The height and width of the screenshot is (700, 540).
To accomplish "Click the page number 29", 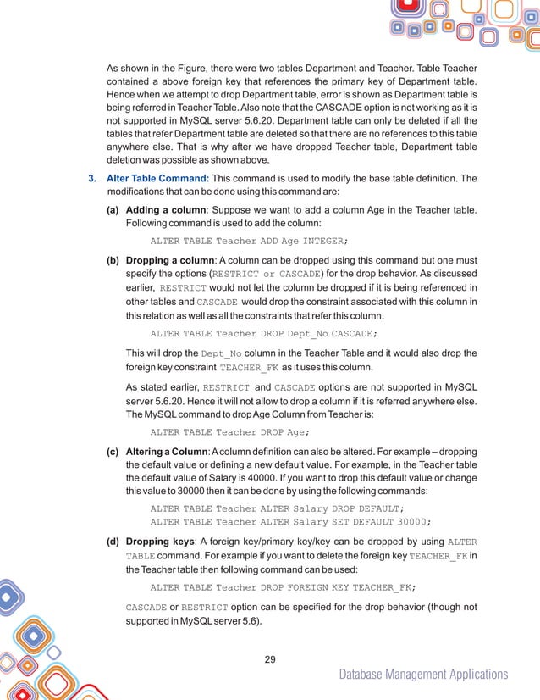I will [270, 659].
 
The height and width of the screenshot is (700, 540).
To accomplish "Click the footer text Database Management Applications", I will [423, 675].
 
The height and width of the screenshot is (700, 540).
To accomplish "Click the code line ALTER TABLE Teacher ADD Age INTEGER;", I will [249, 240].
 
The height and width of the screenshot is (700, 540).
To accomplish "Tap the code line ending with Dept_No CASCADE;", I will [263, 333].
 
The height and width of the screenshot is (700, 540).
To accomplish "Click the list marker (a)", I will [113, 208].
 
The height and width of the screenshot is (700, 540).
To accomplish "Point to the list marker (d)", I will [113, 541].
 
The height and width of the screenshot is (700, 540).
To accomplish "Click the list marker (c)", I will [113, 449].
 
